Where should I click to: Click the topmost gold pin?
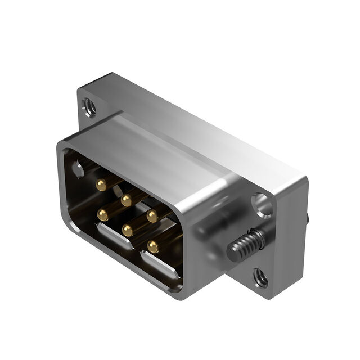101,184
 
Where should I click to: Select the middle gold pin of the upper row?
127,200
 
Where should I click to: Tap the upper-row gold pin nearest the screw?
152,215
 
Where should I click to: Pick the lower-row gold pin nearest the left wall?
102,214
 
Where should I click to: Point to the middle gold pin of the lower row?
128,230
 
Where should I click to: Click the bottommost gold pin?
152,246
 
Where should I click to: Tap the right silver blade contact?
160,265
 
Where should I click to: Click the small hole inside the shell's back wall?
78,169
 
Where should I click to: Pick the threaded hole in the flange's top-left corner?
88,105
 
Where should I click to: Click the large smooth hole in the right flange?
262,205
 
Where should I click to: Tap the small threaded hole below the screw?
260,277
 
